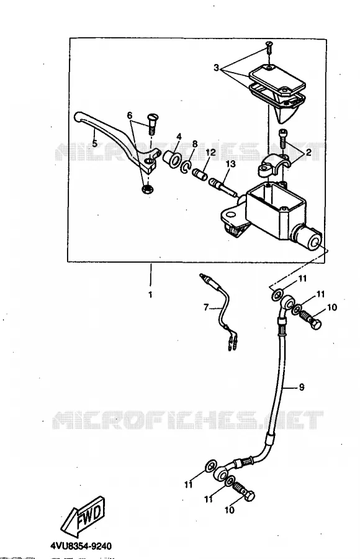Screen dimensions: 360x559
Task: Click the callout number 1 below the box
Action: (x=150, y=295)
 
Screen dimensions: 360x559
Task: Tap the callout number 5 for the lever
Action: (x=94, y=143)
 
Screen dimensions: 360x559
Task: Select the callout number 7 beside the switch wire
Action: (x=205, y=307)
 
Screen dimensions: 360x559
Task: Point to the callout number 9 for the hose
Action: (x=302, y=387)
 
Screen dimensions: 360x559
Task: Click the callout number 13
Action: (x=231, y=163)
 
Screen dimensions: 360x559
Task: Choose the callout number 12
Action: (x=210, y=152)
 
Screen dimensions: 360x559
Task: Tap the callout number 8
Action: (x=195, y=143)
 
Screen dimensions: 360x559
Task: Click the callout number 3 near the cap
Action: (x=217, y=67)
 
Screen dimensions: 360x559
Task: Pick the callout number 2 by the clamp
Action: (x=308, y=152)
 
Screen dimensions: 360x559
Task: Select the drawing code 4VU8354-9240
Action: (x=81, y=546)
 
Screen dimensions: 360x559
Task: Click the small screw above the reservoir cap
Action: (x=269, y=47)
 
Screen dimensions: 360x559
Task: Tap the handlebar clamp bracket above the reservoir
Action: (x=272, y=164)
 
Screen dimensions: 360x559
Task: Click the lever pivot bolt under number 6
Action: (x=152, y=124)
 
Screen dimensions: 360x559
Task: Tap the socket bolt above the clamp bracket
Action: (x=282, y=139)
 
